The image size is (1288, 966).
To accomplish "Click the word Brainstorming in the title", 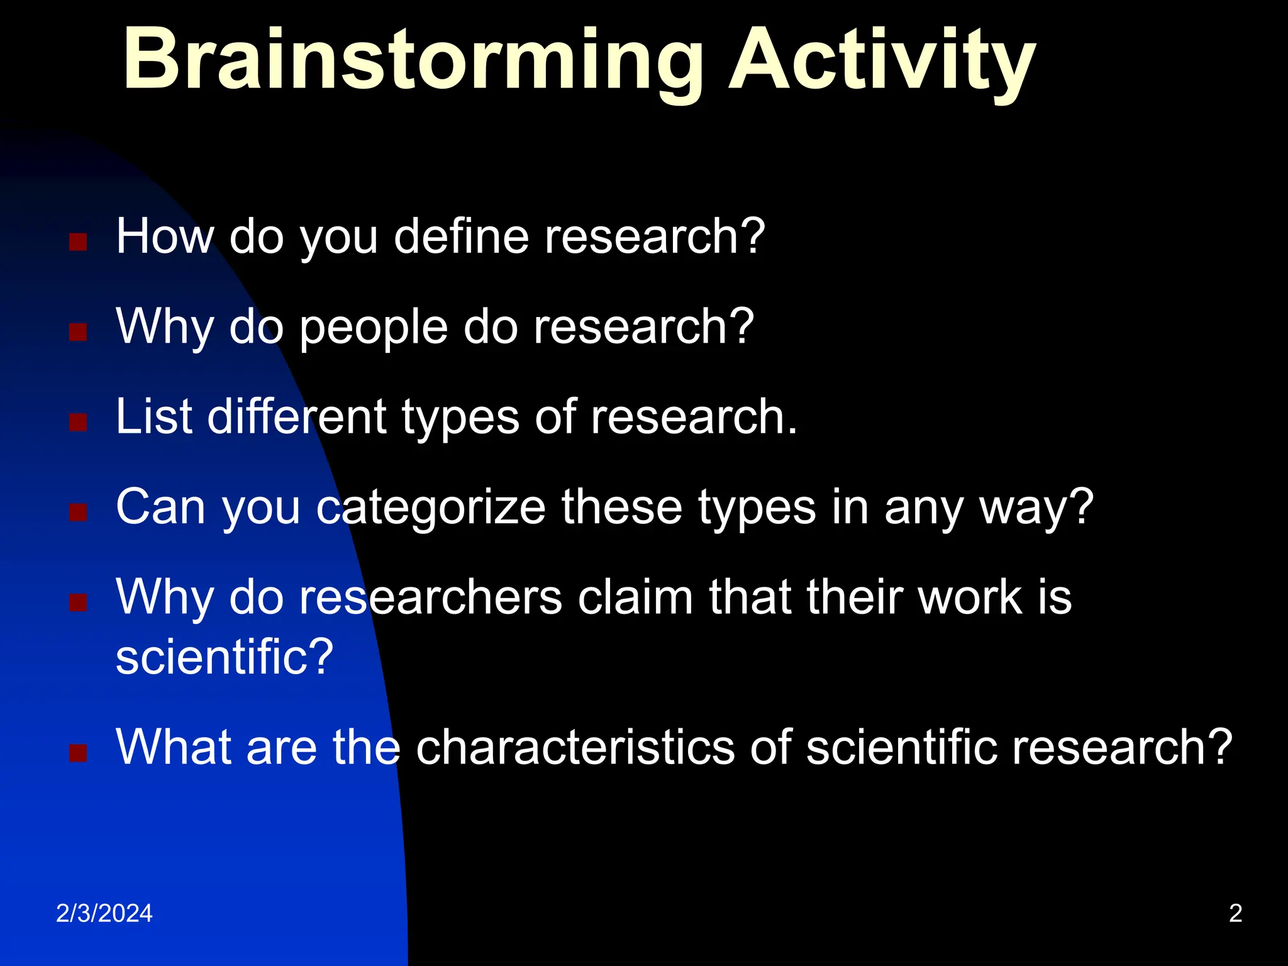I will coord(412,62).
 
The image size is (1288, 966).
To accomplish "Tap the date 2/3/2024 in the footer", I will coord(104,913).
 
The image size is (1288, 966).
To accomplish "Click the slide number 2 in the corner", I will coord(1235,913).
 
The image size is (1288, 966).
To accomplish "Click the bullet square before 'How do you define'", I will coord(78,242).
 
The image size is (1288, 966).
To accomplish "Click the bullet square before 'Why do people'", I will coord(78,332).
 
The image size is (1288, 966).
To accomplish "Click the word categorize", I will coord(431,507).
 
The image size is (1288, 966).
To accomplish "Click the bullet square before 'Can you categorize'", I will coord(78,513).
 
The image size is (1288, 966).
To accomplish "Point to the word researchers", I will coord(430,597).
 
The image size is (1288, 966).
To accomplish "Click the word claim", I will coord(635,597).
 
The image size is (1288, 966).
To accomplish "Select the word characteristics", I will coord(575,747).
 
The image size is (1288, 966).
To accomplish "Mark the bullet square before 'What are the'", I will coord(78,753).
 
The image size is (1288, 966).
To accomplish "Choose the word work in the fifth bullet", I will coord(969,597).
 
